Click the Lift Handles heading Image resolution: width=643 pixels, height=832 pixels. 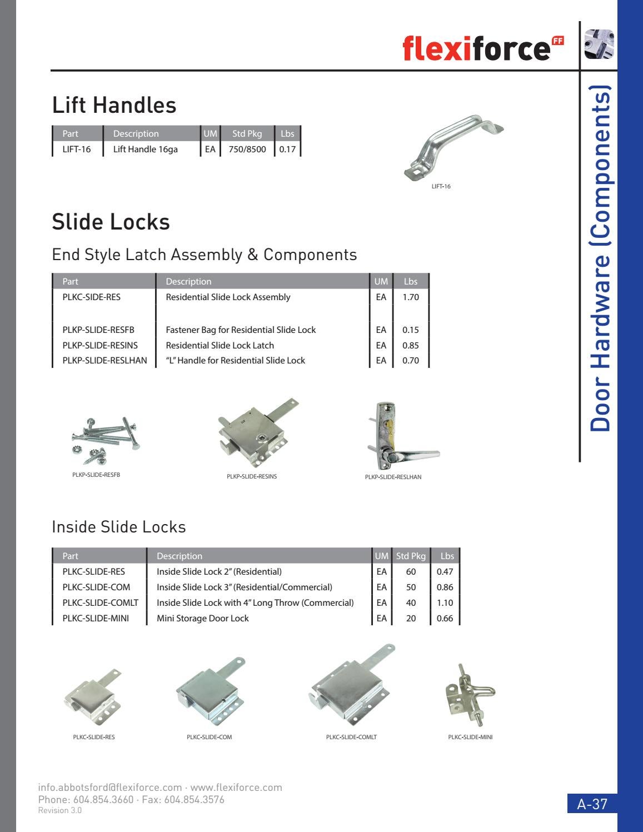click(114, 105)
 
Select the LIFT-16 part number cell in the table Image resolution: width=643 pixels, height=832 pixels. click(77, 149)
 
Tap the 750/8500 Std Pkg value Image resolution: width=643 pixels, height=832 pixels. click(247, 149)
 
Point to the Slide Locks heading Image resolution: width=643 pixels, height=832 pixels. click(111, 222)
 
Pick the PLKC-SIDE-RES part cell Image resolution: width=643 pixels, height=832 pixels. click(91, 297)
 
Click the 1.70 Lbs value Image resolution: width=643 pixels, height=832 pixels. click(411, 297)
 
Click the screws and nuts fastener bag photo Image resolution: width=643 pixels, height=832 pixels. click(104, 441)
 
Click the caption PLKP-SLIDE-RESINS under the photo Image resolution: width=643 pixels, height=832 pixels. click(252, 476)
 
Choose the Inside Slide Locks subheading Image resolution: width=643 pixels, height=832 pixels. click(118, 527)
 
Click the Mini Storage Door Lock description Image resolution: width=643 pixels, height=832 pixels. click(202, 618)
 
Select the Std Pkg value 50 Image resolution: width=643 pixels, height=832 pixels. click(411, 587)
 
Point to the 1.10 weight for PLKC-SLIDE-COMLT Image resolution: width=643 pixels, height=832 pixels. click(445, 602)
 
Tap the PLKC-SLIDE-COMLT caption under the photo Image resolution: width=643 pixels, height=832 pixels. click(351, 737)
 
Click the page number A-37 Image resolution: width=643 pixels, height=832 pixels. click(592, 804)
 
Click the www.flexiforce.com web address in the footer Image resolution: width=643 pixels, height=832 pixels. click(236, 787)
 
